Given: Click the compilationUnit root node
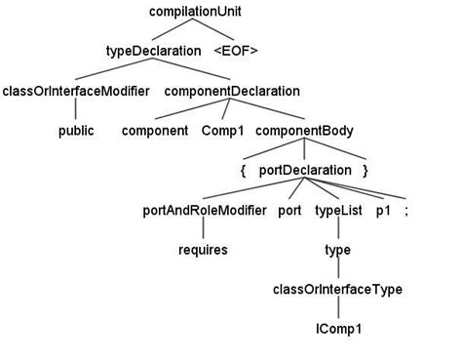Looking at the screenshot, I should [196, 11].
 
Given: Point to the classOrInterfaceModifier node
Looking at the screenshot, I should [76, 91].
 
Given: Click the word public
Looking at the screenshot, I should [76, 130].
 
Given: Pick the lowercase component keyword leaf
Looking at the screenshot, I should [155, 130].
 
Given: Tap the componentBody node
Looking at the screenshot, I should [305, 130].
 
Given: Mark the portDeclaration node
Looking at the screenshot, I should [304, 170].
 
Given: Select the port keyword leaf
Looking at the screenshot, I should [289, 210].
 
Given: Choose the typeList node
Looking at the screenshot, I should [337, 210].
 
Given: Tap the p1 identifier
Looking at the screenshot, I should [383, 210].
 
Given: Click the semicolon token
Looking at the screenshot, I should [406, 210].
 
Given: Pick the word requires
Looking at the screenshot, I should [204, 250].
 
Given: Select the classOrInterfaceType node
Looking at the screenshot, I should [337, 290].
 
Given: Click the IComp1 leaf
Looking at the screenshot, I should [337, 329].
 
